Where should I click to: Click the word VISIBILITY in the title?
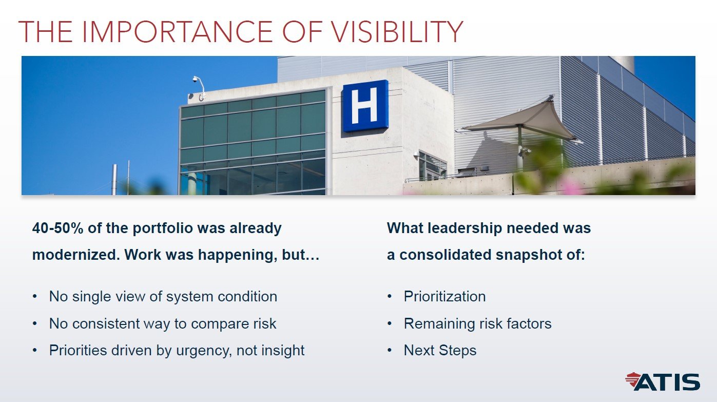tap(397, 31)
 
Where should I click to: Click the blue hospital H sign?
tap(365, 106)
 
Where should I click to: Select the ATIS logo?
tap(663, 381)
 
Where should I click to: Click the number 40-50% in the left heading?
tap(57, 228)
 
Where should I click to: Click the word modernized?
tap(76, 255)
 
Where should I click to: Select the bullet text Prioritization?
tap(444, 296)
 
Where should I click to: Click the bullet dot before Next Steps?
tap(389, 351)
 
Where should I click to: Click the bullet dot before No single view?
tap(34, 297)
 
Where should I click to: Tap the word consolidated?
tap(445, 255)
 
